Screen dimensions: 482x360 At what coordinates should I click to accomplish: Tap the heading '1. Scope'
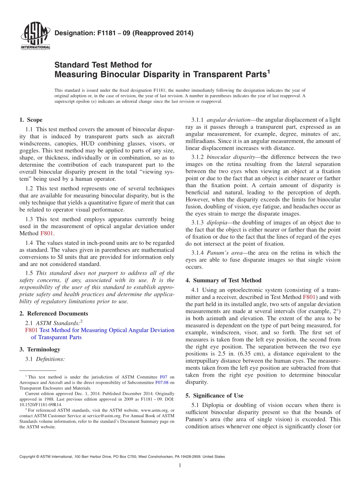31,120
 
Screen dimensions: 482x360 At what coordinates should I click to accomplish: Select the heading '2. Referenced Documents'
53,313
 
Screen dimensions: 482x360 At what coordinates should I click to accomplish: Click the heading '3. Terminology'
40,349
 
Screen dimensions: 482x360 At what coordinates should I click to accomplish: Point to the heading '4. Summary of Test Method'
223,280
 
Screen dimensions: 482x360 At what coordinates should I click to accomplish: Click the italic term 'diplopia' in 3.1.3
216,222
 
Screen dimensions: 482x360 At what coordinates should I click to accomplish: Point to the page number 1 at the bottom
180,465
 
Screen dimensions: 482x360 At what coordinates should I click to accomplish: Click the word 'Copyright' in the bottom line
27,457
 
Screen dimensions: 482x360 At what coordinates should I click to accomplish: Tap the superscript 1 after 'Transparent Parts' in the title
268,71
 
